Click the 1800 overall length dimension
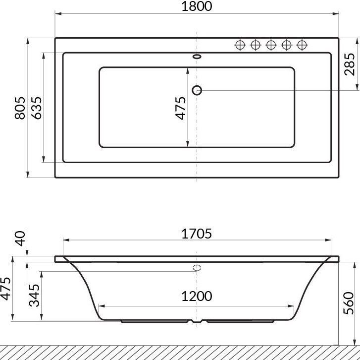click(197, 6)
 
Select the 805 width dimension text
click(20, 108)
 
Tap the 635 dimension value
click(36, 108)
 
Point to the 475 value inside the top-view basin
click(180, 108)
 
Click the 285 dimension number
click(350, 64)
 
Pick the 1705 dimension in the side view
click(197, 233)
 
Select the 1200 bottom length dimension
click(197, 296)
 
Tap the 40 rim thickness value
click(20, 238)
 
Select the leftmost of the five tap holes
click(240, 45)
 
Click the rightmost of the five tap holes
click(301, 45)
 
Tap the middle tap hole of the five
click(270, 45)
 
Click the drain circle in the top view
click(197, 90)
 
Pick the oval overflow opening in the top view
click(197, 57)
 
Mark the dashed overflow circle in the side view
click(197, 269)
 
